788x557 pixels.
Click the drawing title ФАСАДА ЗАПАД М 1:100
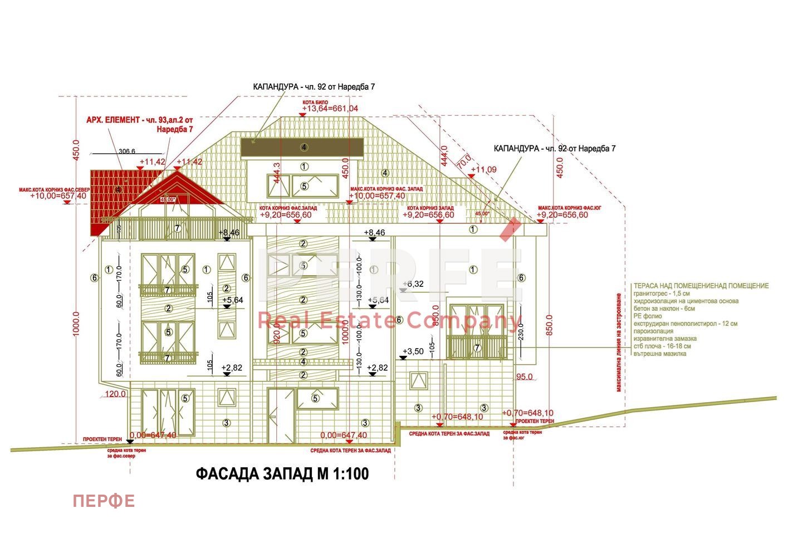(282, 474)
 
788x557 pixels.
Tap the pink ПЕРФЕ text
(104, 501)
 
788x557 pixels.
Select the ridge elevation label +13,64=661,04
(330, 109)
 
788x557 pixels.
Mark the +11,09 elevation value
(483, 169)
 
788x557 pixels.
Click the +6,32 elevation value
(414, 284)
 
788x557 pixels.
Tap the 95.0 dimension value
(524, 377)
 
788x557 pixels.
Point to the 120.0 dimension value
(115, 394)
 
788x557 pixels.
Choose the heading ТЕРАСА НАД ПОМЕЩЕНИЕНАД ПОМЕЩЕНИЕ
(701, 286)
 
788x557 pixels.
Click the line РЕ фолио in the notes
(648, 316)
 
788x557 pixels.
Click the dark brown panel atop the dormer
(302, 148)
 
